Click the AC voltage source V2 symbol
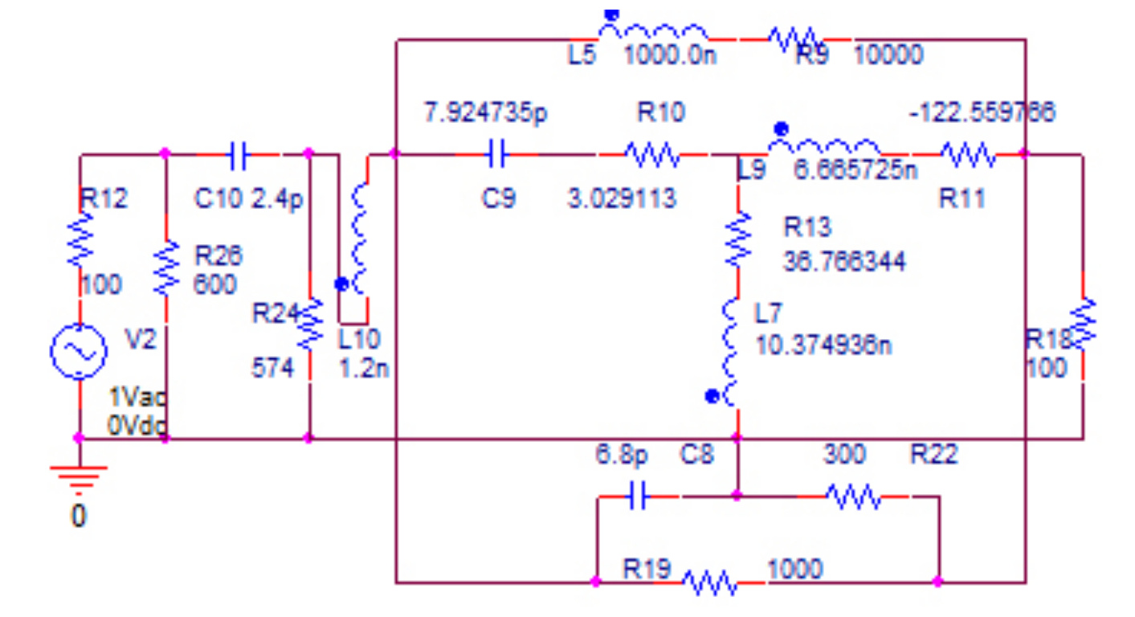(x=80, y=351)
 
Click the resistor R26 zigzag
(x=165, y=267)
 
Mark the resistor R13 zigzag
(x=737, y=239)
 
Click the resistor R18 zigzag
(x=1084, y=323)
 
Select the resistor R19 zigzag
(x=709, y=581)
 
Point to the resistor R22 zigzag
(x=852, y=498)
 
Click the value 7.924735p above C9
(x=485, y=113)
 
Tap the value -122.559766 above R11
(x=982, y=113)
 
